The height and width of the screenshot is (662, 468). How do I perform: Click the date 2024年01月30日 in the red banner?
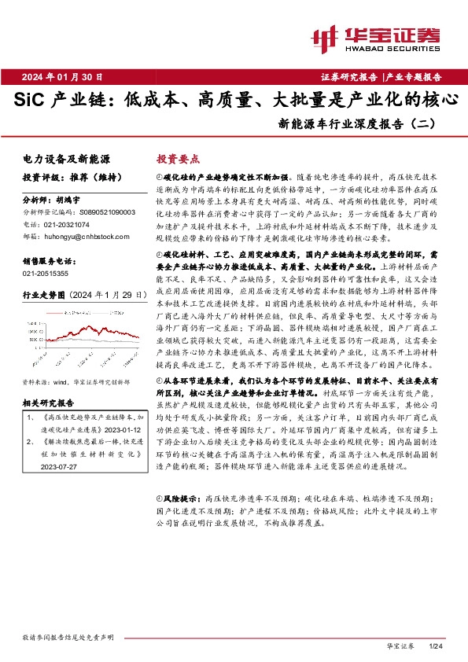coord(68,76)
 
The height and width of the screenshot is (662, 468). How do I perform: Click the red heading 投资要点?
coord(178,158)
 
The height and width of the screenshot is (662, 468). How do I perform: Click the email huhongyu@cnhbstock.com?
coord(83,235)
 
